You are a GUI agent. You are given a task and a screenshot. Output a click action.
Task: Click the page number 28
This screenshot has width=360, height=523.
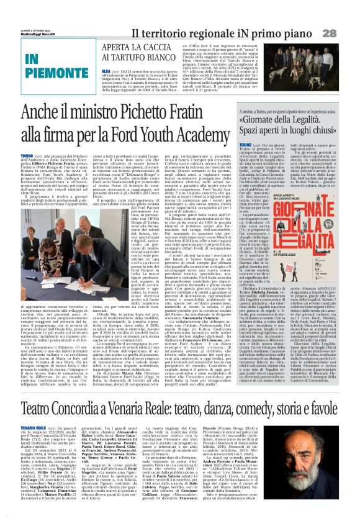tap(346, 32)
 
